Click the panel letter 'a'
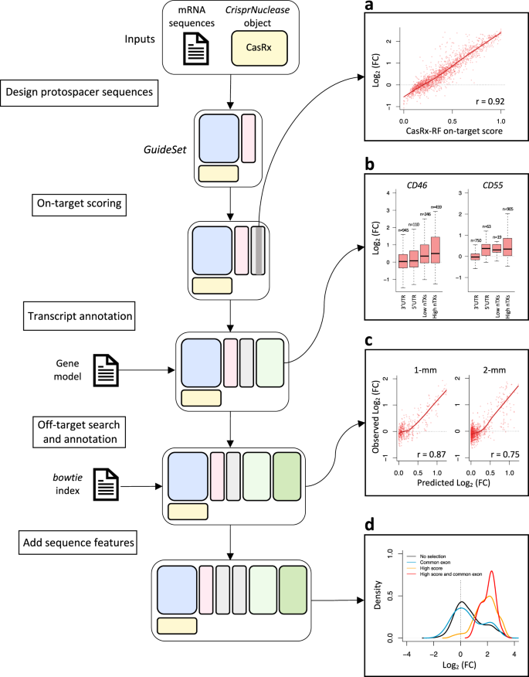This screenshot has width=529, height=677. pos(369,7)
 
